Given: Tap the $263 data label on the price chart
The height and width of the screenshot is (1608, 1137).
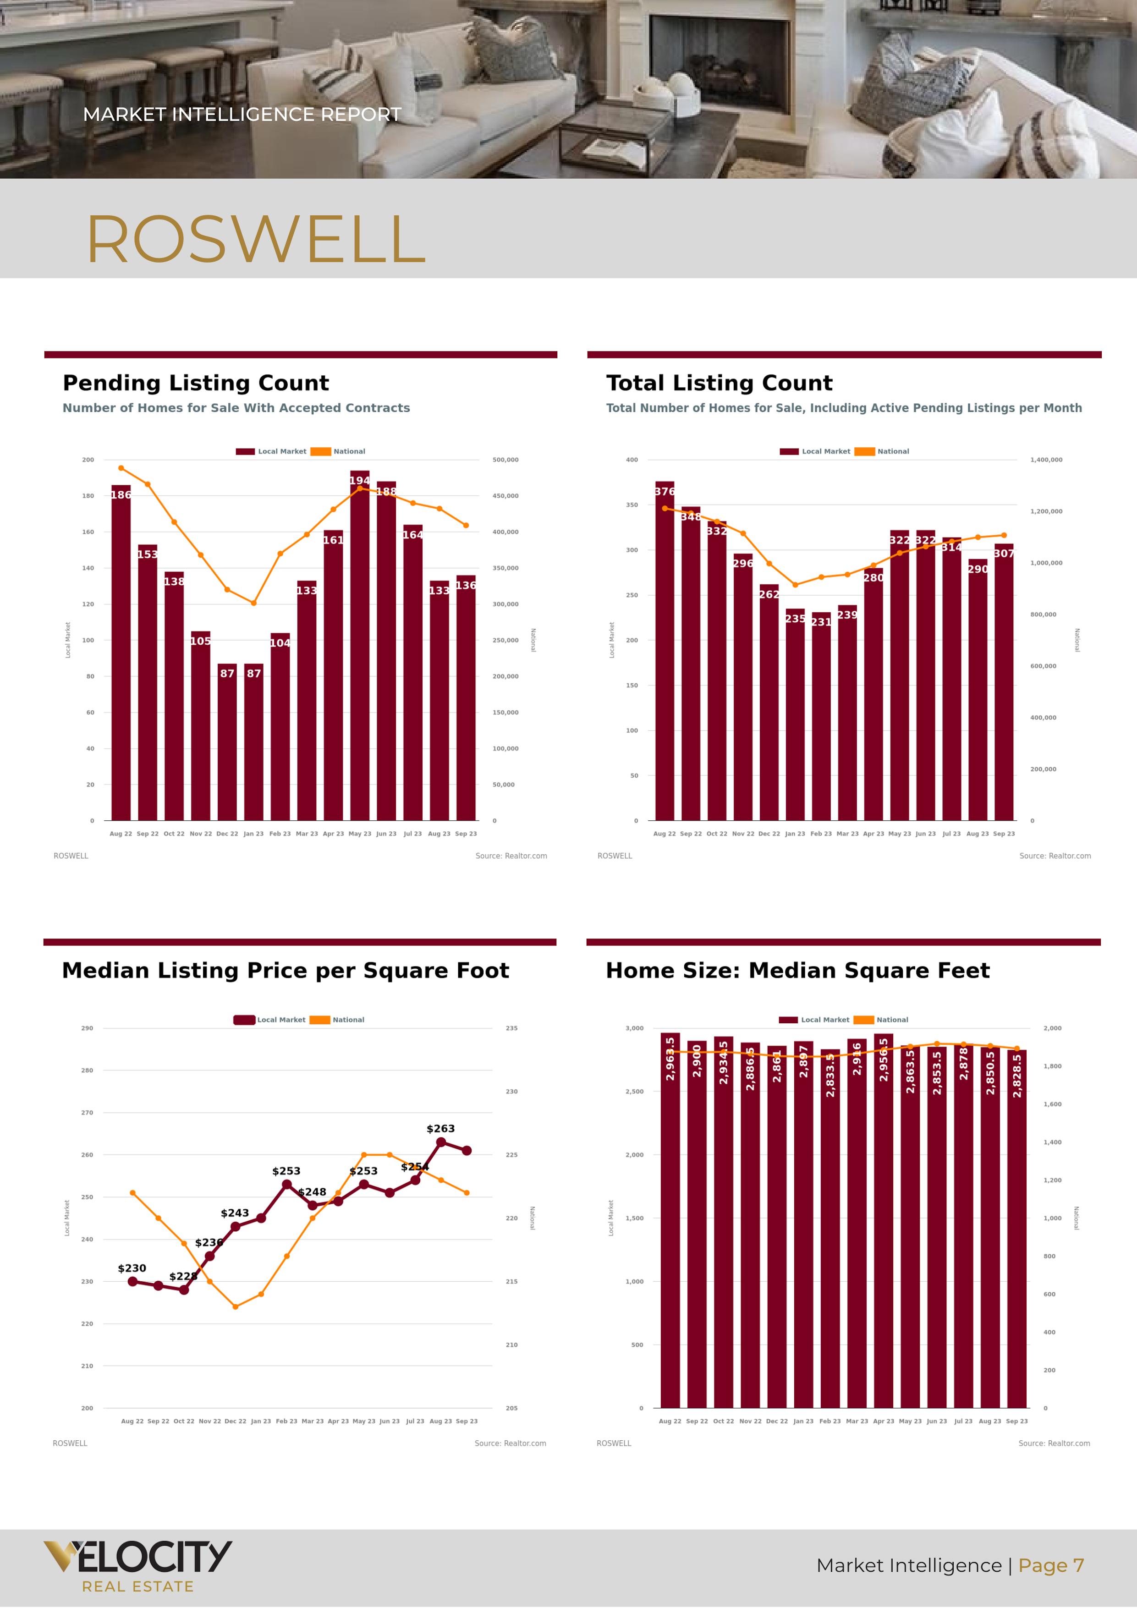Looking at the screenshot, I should (x=441, y=1128).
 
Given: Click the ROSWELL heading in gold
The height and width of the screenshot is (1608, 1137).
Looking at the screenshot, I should (x=256, y=240).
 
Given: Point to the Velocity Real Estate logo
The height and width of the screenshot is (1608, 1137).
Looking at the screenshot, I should (x=138, y=1567).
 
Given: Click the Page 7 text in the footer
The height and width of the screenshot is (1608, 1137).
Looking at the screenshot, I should (x=1051, y=1565).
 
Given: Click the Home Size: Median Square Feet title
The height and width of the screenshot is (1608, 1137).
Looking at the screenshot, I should (x=797, y=971).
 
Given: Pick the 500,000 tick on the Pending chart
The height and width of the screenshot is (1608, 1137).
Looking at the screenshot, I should (x=505, y=460).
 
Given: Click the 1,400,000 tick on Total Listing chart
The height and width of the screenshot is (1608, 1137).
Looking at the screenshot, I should (x=1046, y=460).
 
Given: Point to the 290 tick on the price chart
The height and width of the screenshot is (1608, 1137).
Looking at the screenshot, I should (x=87, y=1028).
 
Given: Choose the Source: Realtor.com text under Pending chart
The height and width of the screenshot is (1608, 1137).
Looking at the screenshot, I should (x=511, y=856).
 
